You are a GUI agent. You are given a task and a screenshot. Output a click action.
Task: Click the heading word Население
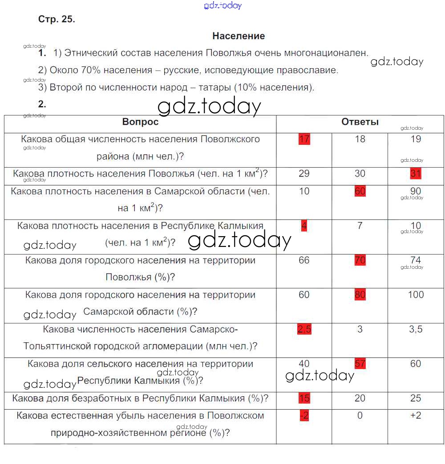[x=239, y=36]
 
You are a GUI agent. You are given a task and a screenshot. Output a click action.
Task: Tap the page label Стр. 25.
[x=57, y=20]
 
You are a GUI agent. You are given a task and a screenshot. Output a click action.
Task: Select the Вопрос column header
[x=140, y=122]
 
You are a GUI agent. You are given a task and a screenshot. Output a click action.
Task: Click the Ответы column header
[x=360, y=122]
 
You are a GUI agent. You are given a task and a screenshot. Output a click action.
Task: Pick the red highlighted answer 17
[x=304, y=139]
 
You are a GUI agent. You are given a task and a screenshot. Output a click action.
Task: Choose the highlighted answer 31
[x=416, y=173]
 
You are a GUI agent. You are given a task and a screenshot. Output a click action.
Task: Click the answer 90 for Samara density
[x=416, y=191]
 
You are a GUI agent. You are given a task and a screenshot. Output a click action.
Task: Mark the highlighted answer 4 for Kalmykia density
[x=304, y=226]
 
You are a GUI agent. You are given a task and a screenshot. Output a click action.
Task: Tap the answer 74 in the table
[x=416, y=260]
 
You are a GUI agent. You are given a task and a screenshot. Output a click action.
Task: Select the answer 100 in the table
[x=416, y=295]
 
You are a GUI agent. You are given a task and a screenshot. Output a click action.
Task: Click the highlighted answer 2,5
[x=304, y=329]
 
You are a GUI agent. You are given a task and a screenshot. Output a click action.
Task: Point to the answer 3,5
[x=416, y=329]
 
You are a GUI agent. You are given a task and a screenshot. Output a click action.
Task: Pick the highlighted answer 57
[x=360, y=364]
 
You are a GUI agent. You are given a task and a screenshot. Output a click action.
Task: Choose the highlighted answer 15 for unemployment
[x=304, y=398]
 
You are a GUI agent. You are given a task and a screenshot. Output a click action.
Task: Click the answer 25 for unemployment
[x=416, y=398]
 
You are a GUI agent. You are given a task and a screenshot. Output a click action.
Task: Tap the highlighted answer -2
[x=304, y=415]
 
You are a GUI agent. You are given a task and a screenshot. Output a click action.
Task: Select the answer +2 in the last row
[x=416, y=415]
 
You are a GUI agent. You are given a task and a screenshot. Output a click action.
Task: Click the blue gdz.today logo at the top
[x=222, y=5]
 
